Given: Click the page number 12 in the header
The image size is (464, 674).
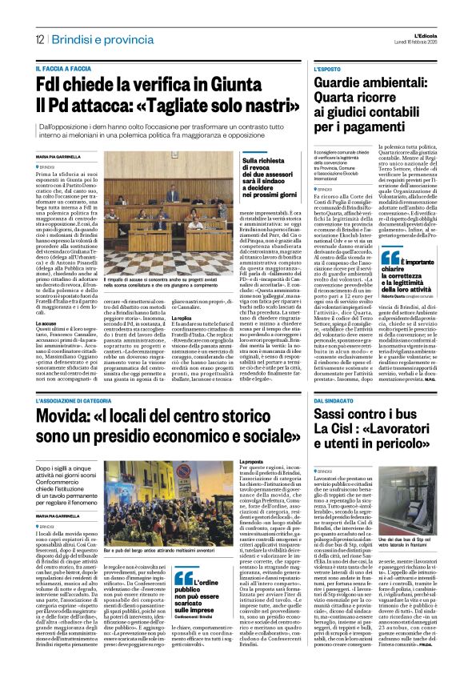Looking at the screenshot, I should tap(38, 39).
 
